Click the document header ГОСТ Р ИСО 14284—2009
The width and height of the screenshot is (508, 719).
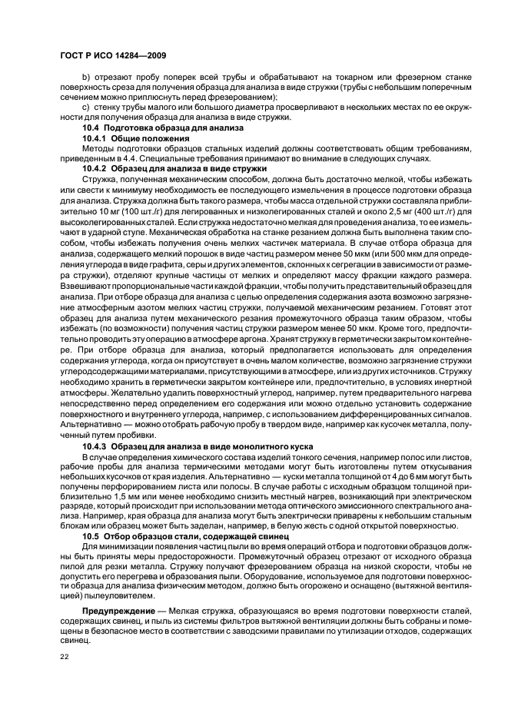coord(114,56)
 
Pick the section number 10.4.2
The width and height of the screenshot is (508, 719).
coord(96,167)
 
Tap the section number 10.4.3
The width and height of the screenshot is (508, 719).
coord(96,446)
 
